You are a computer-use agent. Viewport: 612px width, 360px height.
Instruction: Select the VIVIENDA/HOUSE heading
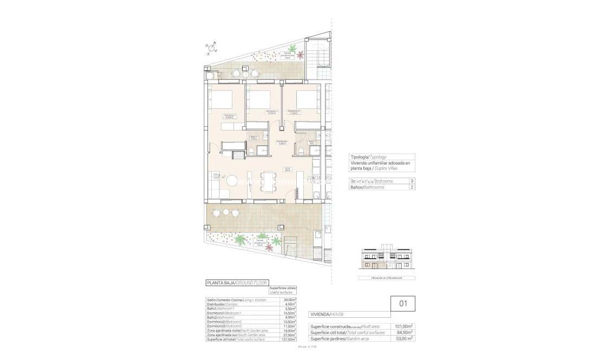coord(327,314)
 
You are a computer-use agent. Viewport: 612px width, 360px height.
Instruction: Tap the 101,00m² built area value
coord(403,326)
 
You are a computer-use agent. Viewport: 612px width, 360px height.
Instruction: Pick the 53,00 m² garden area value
coord(403,338)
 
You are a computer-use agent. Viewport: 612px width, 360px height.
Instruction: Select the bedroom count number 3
coord(413,181)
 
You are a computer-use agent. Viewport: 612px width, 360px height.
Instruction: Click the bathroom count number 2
coord(413,187)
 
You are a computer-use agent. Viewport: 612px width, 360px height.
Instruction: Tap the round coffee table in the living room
coord(232,181)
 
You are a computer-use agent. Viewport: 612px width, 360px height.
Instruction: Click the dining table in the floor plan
coord(268,181)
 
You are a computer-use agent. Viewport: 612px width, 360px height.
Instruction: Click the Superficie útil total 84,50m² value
coord(403,332)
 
